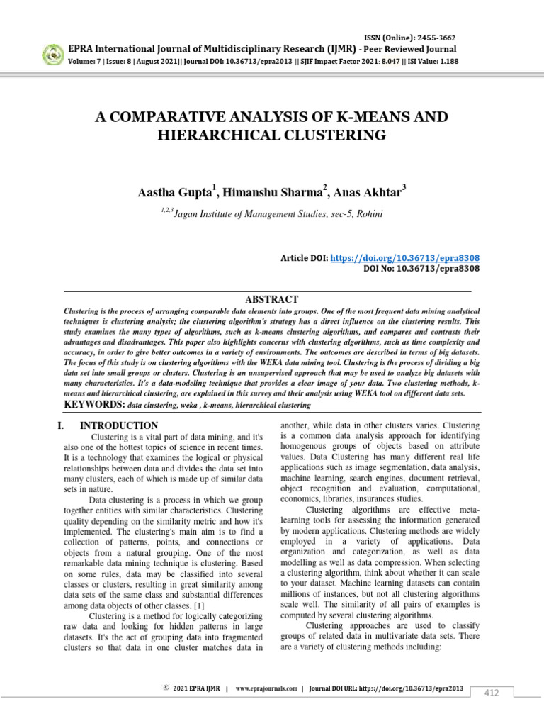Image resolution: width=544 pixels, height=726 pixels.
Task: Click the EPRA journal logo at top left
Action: click(52, 54)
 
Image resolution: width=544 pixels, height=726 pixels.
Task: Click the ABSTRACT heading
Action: click(271, 300)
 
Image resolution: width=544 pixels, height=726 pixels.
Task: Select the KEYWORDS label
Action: click(95, 405)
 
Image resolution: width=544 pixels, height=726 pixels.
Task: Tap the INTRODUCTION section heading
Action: click(119, 425)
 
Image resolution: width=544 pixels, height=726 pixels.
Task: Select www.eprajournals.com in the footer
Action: click(266, 688)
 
